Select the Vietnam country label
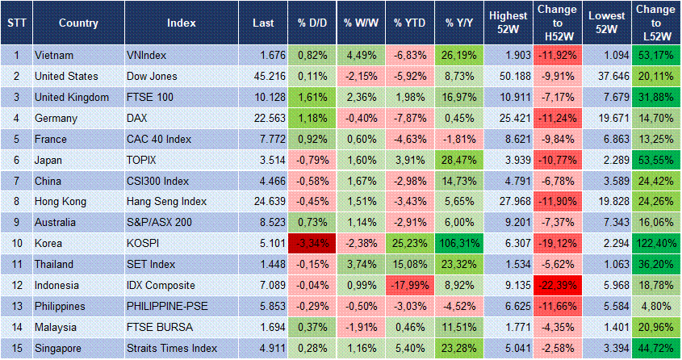click(x=56, y=55)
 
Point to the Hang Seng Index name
click(x=166, y=202)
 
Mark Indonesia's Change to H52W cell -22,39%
click(x=557, y=286)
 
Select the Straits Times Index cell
click(x=172, y=349)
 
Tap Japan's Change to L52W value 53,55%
click(x=655, y=160)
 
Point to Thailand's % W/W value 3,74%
click(x=362, y=265)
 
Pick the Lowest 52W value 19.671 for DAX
click(x=605, y=118)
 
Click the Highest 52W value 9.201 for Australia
click(x=508, y=223)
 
